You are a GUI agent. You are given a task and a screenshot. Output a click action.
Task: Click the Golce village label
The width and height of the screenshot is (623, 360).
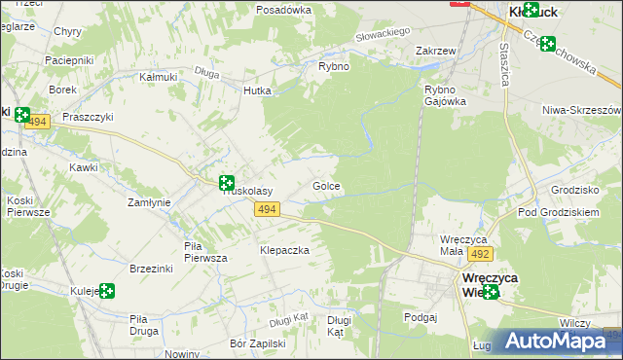(326, 185)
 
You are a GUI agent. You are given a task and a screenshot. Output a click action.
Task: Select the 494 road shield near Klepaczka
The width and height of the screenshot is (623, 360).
(270, 209)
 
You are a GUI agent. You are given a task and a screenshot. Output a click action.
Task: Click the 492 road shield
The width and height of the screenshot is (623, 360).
(479, 253)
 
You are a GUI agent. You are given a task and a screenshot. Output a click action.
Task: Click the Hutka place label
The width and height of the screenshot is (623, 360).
(257, 90)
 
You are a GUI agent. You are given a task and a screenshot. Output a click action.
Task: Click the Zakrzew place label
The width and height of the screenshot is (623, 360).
(435, 50)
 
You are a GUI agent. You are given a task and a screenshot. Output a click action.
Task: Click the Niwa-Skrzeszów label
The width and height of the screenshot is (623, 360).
(582, 111)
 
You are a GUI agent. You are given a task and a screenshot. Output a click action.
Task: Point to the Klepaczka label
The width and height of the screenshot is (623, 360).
(284, 250)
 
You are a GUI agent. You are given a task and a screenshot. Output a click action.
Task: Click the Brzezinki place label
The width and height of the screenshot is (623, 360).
(151, 269)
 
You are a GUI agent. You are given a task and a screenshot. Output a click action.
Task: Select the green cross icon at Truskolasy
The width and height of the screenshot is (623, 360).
(227, 182)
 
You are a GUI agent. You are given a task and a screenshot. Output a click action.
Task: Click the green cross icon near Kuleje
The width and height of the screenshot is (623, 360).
(106, 290)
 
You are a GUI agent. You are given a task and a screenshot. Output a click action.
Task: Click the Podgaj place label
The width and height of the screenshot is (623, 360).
(421, 316)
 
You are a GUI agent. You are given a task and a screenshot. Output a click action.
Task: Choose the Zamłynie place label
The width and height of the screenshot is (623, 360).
(150, 202)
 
